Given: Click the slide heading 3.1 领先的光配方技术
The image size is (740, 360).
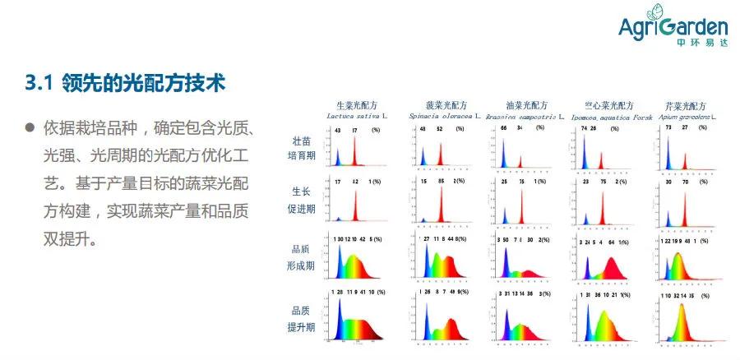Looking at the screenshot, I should click(125, 83).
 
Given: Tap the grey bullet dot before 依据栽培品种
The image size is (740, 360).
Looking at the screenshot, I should click(30, 130).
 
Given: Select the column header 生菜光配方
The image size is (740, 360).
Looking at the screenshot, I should click(356, 106).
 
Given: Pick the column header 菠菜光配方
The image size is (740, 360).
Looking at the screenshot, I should click(446, 106).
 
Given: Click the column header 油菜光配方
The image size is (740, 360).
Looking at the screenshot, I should click(526, 106).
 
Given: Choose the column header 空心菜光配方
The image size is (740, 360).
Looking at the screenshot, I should click(608, 106).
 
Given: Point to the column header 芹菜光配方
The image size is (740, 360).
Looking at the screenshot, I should click(686, 106).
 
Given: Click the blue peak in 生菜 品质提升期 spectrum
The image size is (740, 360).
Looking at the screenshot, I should click(338, 316).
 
